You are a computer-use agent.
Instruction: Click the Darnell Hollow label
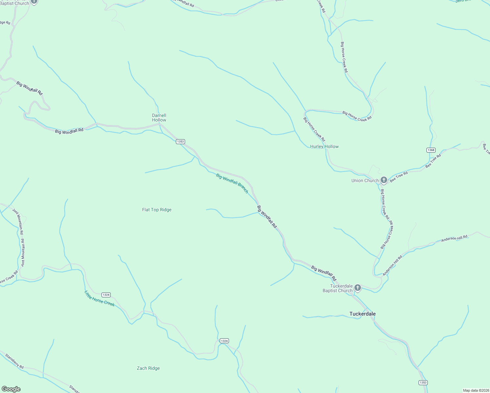159,118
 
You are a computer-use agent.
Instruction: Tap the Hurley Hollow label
324,146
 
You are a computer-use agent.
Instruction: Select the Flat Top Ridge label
157,210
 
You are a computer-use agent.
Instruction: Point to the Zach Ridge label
148,368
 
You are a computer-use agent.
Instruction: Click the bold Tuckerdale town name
362,314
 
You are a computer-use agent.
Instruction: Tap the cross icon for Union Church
384,180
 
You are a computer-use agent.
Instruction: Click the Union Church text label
365,180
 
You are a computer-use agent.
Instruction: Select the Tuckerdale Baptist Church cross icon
358,288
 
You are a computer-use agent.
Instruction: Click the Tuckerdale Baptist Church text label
337,288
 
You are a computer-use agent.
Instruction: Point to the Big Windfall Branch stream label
232,183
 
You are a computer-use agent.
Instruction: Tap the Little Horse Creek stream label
100,298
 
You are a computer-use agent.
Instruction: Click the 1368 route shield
431,150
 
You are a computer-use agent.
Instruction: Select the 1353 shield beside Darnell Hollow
180,141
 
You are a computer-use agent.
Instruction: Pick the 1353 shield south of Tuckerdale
423,383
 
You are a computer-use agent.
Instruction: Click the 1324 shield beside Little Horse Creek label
106,295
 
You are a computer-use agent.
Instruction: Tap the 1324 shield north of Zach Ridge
224,341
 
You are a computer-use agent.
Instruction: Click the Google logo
11,389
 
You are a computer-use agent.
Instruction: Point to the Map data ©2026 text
476,390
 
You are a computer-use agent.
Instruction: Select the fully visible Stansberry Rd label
14,361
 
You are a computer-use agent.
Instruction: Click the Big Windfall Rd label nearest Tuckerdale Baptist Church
324,273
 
